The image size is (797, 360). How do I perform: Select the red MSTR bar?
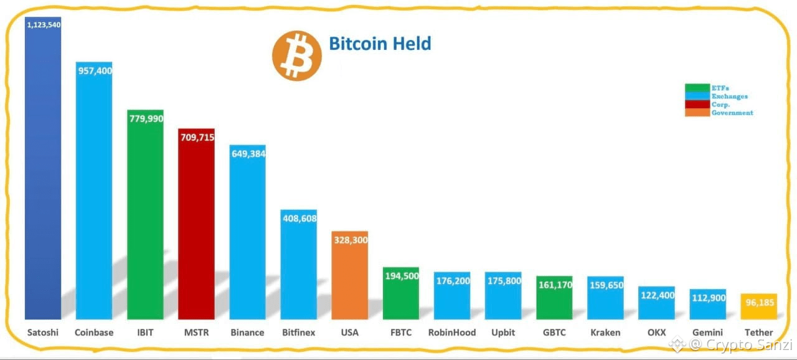click(x=196, y=230)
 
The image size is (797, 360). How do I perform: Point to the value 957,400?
click(x=95, y=71)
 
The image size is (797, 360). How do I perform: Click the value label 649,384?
click(x=248, y=154)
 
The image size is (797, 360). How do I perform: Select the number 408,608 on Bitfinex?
click(x=299, y=219)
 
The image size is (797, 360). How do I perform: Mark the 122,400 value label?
click(x=656, y=295)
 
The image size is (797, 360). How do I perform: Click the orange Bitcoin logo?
click(x=296, y=56)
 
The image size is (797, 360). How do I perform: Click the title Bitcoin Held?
click(x=380, y=44)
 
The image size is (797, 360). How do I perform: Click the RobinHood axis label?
click(x=452, y=333)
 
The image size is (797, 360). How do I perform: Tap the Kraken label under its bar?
click(x=605, y=333)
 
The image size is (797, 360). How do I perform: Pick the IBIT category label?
click(x=145, y=333)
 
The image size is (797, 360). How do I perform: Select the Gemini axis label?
click(x=707, y=333)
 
